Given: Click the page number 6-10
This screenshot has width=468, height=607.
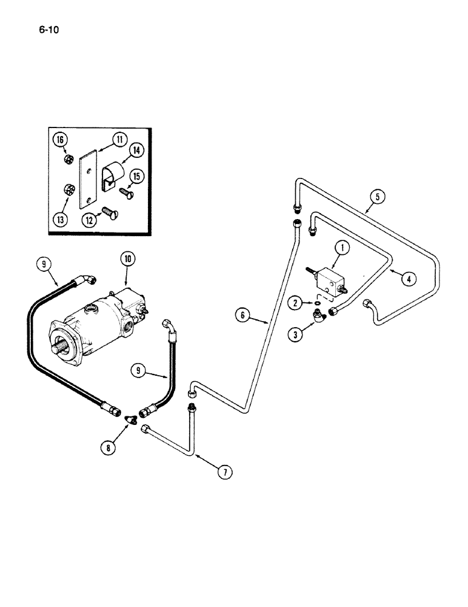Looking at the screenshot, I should point(52,29).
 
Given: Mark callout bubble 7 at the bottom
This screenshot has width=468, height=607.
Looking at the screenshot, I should point(226,471).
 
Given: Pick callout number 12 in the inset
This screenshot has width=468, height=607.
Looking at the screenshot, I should point(89,221).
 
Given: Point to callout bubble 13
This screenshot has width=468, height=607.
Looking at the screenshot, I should point(60,219).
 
